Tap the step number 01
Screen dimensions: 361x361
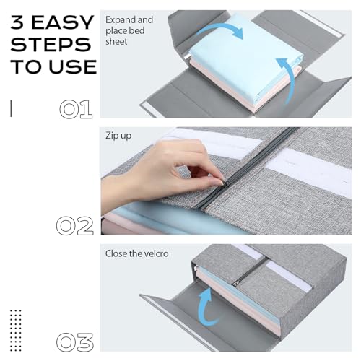75,110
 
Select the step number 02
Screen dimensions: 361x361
75,226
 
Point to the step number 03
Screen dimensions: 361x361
75,342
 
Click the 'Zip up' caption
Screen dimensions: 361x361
118,135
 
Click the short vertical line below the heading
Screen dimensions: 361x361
11,108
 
